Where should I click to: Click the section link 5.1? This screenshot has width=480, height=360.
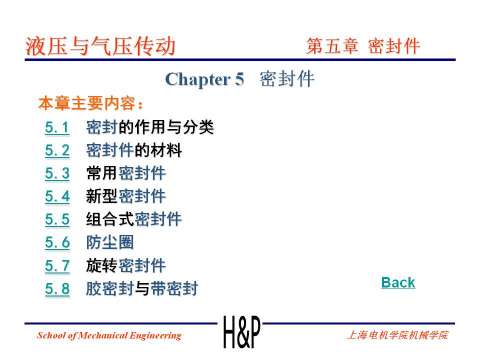(x=56, y=129)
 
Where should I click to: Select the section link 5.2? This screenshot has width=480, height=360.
(x=56, y=152)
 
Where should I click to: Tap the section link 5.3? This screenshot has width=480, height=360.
(x=56, y=174)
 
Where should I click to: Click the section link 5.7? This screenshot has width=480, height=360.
(x=56, y=266)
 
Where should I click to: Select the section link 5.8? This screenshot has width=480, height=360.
(x=56, y=289)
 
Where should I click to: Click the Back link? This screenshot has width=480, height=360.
(x=398, y=283)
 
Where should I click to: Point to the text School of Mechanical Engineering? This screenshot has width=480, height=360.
(x=109, y=333)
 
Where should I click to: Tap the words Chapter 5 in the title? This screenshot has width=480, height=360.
(x=204, y=80)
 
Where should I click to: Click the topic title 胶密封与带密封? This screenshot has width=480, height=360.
(x=141, y=289)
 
